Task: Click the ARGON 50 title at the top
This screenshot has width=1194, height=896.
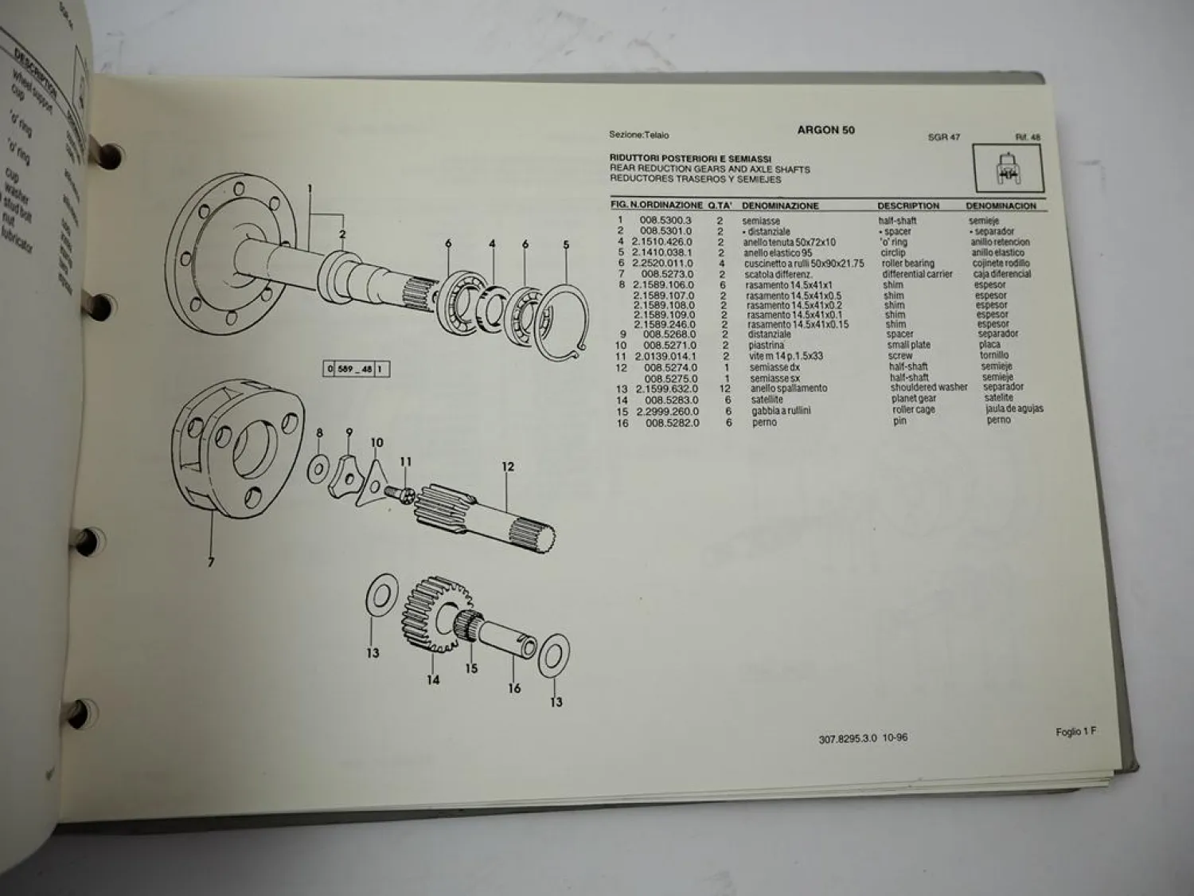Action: coord(825,130)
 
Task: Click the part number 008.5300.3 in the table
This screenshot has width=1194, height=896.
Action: coord(665,221)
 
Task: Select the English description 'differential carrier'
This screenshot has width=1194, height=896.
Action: coord(917,274)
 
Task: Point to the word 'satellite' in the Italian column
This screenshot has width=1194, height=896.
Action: coord(767,399)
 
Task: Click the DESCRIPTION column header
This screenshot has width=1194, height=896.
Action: coord(908,205)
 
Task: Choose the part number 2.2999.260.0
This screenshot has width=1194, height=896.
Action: coord(667,411)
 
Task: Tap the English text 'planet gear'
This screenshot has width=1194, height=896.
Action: coord(913,398)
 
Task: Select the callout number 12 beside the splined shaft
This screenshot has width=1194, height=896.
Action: coord(508,467)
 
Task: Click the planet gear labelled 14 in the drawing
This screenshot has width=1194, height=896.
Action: coord(431,613)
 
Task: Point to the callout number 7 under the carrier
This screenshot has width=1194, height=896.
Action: coord(211,562)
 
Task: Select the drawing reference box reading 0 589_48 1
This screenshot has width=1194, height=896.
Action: coord(357,369)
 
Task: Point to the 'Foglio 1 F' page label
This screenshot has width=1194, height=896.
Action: coord(1075,732)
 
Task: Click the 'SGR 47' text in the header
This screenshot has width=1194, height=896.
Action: coord(943,137)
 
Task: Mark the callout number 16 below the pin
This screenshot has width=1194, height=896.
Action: coord(514,687)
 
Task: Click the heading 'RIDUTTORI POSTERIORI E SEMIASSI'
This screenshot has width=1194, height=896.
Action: coord(690,158)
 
